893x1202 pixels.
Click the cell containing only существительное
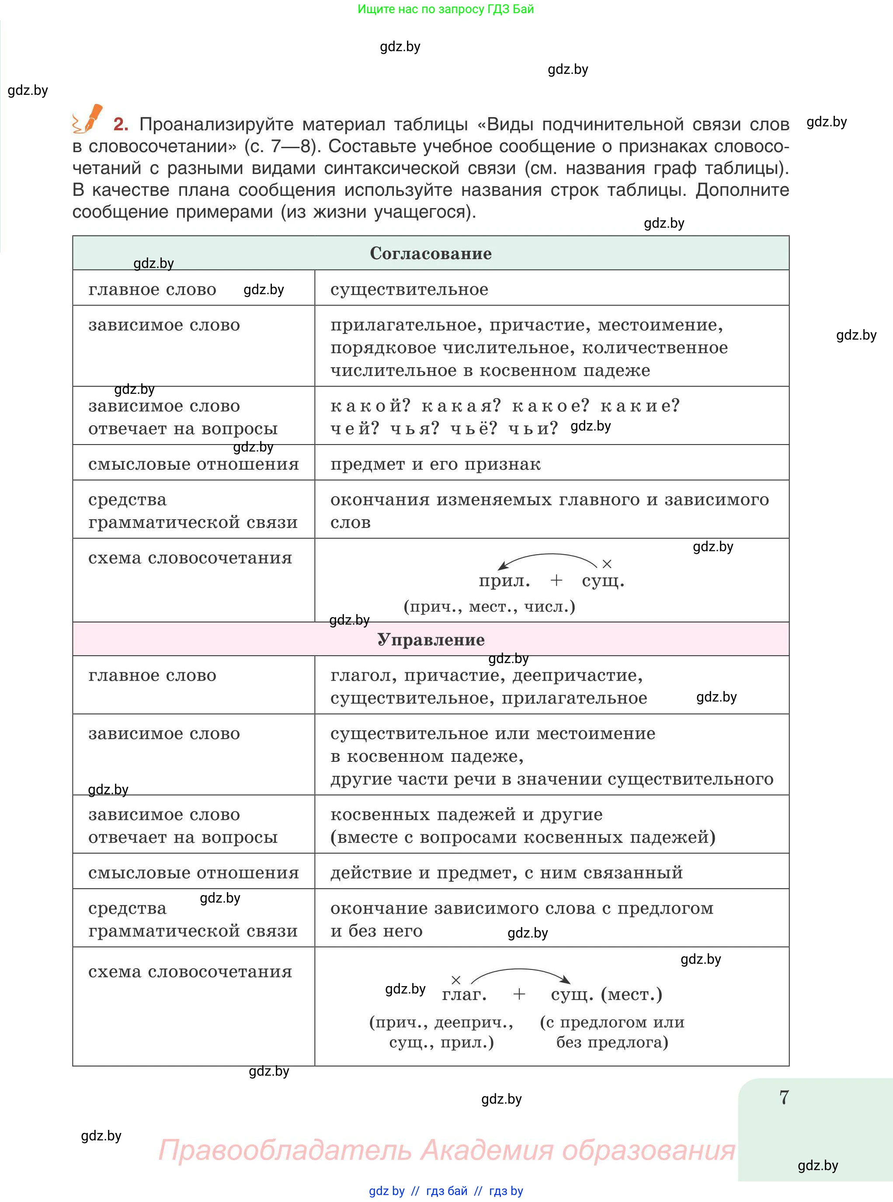tap(409, 289)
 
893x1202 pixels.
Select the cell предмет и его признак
tap(435, 464)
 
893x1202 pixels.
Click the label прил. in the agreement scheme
tap(504, 580)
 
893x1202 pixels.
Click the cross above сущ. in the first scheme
tap(607, 564)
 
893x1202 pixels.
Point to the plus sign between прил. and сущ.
tap(556, 580)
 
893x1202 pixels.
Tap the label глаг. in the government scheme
tap(464, 994)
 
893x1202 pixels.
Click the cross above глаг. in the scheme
tap(456, 980)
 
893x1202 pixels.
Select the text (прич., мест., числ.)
tap(489, 606)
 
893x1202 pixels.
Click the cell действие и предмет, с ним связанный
tap(506, 872)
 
